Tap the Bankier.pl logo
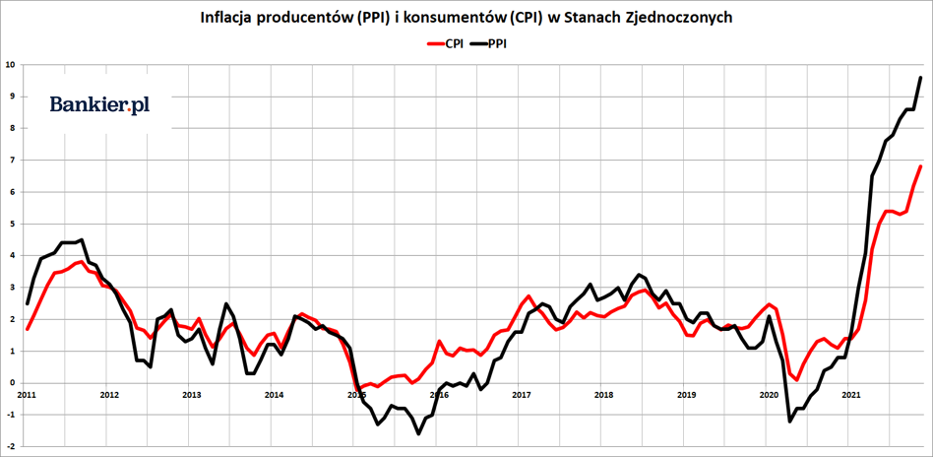pyautogui.click(x=99, y=105)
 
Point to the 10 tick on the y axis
pyautogui.click(x=10, y=65)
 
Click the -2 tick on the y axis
pyautogui.click(x=10, y=446)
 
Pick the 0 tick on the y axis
pyautogui.click(x=11, y=383)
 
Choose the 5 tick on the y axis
pyautogui.click(x=11, y=224)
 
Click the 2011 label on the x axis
pyautogui.click(x=27, y=395)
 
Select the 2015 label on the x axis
pyautogui.click(x=356, y=395)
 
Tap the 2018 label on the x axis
pyautogui.click(x=604, y=395)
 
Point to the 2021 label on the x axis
pyautogui.click(x=852, y=395)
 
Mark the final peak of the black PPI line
pyautogui.click(x=920, y=78)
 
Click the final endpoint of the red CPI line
pyautogui.click(x=920, y=166)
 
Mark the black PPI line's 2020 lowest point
pyautogui.click(x=790, y=422)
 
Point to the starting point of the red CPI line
pyautogui.click(x=28, y=329)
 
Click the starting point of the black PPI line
pyautogui.click(x=28, y=303)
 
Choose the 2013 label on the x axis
pyautogui.click(x=192, y=395)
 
